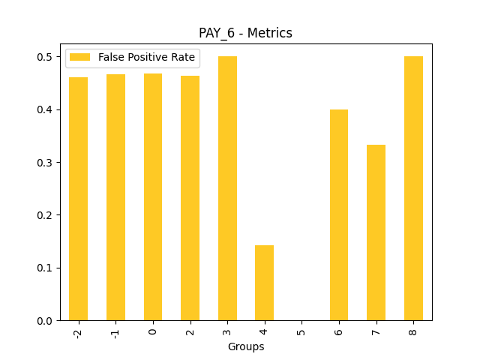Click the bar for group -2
click(x=78, y=199)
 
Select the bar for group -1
click(x=115, y=197)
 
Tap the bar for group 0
click(x=153, y=196)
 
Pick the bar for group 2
click(x=190, y=198)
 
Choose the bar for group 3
click(x=227, y=188)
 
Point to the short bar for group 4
click(x=264, y=283)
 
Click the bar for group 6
click(x=339, y=215)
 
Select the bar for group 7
click(x=376, y=232)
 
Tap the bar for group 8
click(x=413, y=188)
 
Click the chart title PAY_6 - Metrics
click(x=245, y=33)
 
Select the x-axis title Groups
click(x=246, y=346)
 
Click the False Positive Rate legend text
click(x=146, y=57)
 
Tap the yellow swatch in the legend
click(x=79, y=57)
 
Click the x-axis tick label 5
click(x=301, y=331)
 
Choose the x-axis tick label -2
click(x=78, y=333)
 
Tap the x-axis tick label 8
click(x=413, y=331)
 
